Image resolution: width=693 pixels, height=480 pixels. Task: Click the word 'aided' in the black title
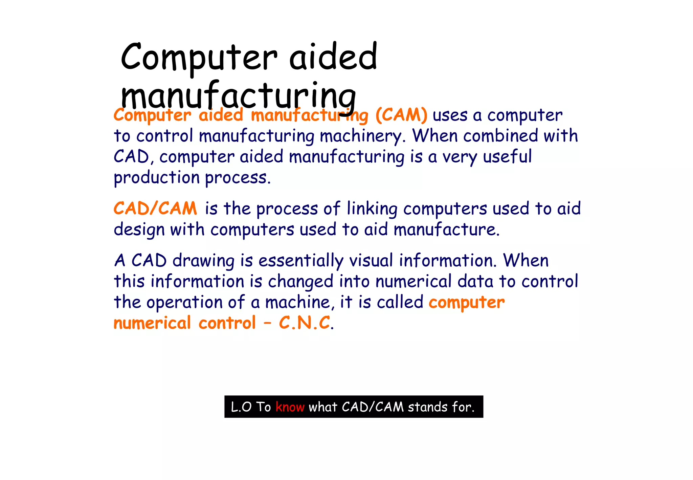click(333, 57)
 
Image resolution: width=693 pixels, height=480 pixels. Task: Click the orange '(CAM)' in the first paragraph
click(401, 115)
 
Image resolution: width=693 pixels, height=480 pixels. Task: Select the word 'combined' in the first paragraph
click(500, 136)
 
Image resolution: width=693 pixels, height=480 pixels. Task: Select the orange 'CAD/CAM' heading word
click(155, 208)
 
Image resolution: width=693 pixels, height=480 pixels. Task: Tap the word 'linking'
click(372, 209)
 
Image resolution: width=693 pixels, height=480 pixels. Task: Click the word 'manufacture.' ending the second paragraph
click(446, 230)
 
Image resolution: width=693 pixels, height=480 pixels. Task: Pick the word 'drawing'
click(203, 261)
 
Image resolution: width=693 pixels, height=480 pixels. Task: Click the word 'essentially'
click(301, 261)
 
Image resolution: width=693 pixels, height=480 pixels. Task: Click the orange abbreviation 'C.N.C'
click(305, 323)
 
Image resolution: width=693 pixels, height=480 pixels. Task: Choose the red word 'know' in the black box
click(290, 407)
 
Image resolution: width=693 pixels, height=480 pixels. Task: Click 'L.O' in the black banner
click(241, 407)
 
